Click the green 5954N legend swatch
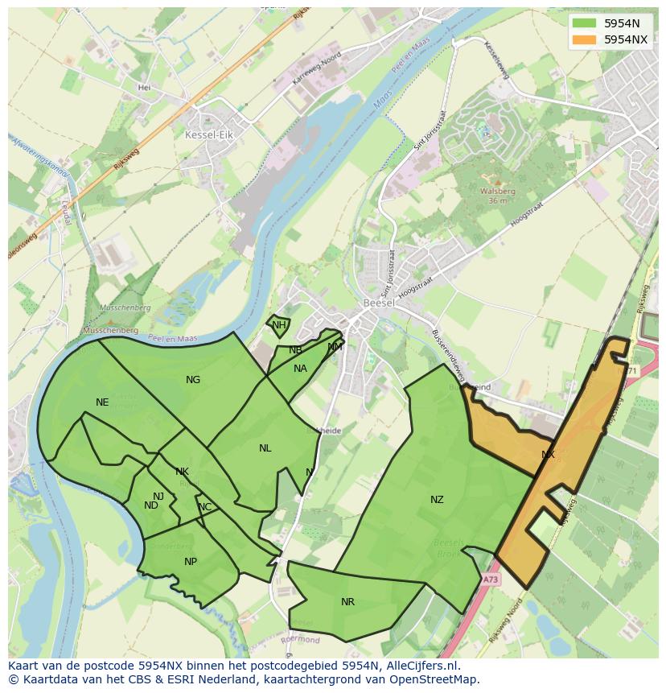point(584,23)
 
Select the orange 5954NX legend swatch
point(584,39)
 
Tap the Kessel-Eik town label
point(208,135)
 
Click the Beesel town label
point(378,303)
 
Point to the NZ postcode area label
point(437,500)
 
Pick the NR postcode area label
point(347,602)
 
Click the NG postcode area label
point(193,380)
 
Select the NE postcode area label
point(102,402)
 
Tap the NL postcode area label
point(265,448)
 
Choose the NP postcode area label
point(191,562)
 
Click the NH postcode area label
point(278,325)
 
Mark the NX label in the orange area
point(548,455)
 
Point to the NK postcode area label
point(182,472)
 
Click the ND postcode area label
point(151,505)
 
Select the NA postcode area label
point(300,369)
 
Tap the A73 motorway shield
point(491,579)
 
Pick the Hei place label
point(145,87)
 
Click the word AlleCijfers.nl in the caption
point(421,666)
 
